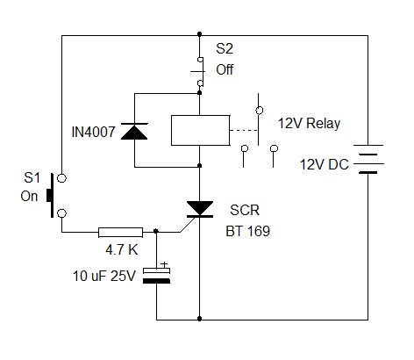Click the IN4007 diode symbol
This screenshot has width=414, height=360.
coord(134,131)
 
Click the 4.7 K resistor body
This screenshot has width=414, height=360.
coord(120,232)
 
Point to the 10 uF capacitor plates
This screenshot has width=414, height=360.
coord(156,276)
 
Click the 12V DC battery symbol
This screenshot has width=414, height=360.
coord(368,159)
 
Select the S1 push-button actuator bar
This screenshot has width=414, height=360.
coord(51,195)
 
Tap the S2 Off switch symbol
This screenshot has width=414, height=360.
coord(199,72)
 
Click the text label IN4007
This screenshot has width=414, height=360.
coord(93,132)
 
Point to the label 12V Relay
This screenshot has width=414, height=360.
coord(309,124)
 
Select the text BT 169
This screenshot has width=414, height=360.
coord(247,231)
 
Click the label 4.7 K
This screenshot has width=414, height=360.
coord(122,249)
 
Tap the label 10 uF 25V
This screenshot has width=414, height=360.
coord(104,276)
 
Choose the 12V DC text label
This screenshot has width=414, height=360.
coord(325,164)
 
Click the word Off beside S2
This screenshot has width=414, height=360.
coord(225,69)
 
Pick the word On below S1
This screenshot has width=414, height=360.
coord(29,196)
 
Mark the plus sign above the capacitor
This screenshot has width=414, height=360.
coord(164,264)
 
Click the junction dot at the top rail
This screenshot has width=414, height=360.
coord(200,34)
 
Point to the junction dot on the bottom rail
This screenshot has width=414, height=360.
coord(200,319)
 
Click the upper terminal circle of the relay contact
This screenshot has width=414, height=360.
coord(259,111)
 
